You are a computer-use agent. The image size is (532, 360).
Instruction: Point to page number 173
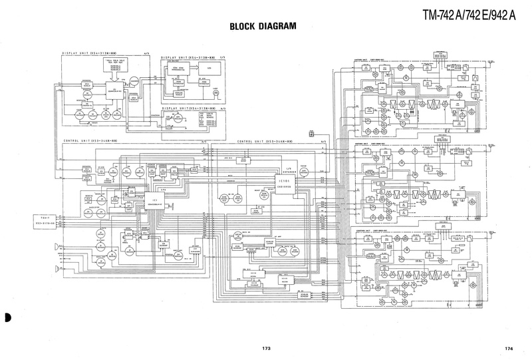pyautogui.click(x=266, y=348)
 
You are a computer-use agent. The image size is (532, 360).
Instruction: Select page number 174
pyautogui.click(x=508, y=348)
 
